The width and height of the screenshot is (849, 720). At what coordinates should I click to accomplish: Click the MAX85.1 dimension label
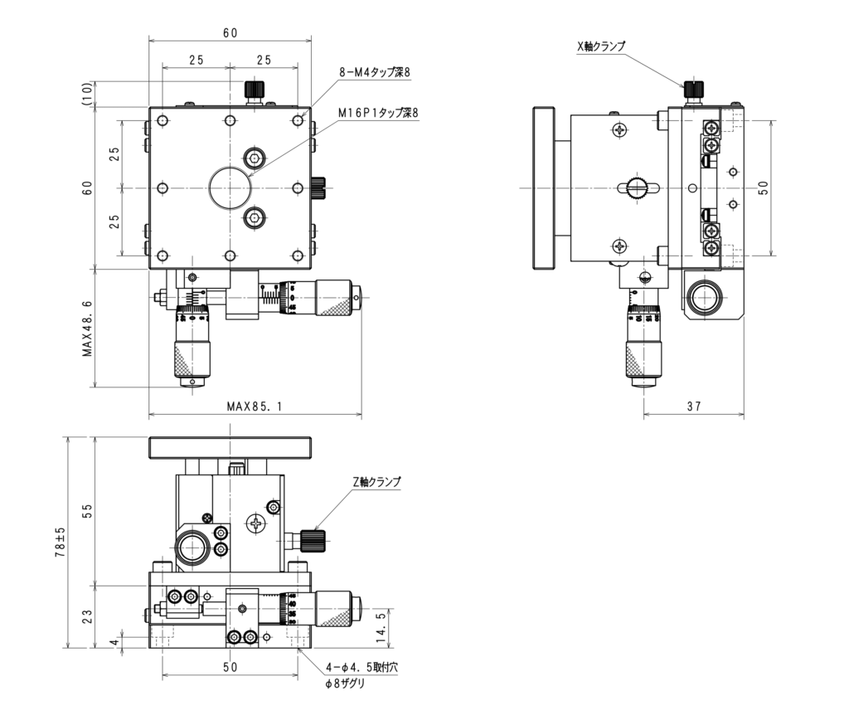(254, 406)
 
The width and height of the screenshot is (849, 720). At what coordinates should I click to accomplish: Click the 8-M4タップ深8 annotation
(375, 73)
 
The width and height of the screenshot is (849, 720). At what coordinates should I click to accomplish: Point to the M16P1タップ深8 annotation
(379, 113)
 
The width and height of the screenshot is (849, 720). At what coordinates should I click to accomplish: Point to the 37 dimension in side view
(693, 406)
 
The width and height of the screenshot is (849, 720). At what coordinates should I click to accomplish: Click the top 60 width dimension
(230, 33)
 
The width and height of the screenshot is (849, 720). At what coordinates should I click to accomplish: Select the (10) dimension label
(87, 94)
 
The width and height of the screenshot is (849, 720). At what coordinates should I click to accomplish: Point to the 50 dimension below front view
(230, 667)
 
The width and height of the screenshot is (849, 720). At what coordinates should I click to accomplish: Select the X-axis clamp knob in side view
(693, 87)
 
